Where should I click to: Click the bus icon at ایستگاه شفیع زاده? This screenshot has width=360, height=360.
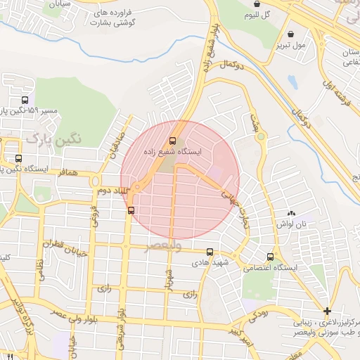[x=173, y=141]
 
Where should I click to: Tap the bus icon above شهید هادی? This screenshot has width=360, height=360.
[x=210, y=252]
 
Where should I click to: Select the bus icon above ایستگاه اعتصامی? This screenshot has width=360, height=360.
[x=271, y=257]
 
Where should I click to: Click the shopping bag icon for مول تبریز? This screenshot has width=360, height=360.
[x=291, y=34]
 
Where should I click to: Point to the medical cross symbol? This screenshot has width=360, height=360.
[x=327, y=311]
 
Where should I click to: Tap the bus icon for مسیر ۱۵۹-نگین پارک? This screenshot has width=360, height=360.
[x=26, y=101]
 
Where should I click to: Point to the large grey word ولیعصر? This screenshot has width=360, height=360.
[x=163, y=246]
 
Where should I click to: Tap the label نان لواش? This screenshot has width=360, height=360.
[x=292, y=223]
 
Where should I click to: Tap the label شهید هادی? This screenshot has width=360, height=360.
[x=209, y=262]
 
